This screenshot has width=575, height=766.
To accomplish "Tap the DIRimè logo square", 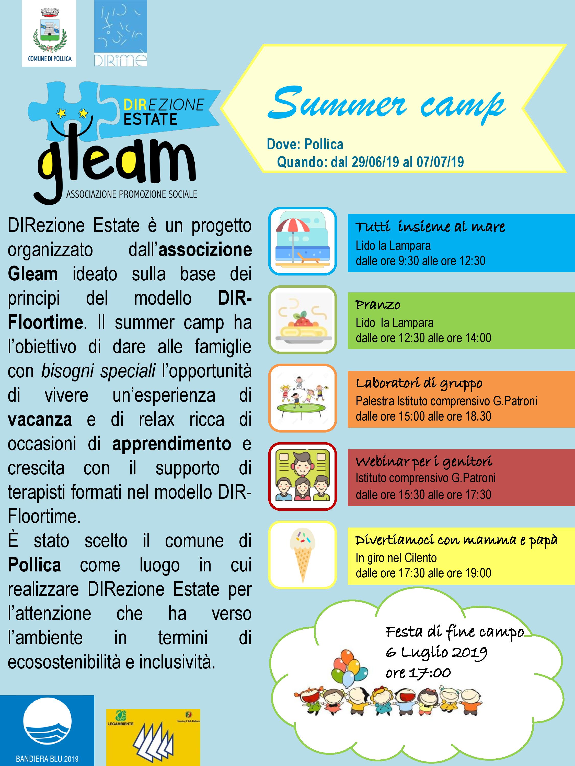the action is click(121, 33).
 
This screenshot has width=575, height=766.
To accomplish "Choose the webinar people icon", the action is click(302, 476).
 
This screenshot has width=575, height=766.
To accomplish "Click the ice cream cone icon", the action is click(302, 554).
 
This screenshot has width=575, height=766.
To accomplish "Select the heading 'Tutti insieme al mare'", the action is click(430, 227).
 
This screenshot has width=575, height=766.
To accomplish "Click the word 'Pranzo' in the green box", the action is click(378, 305).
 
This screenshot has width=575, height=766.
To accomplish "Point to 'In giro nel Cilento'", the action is click(396, 558).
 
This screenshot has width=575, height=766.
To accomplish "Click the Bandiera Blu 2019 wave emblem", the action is click(47, 724).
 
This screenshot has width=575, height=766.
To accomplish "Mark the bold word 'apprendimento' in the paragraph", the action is click(171, 444).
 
